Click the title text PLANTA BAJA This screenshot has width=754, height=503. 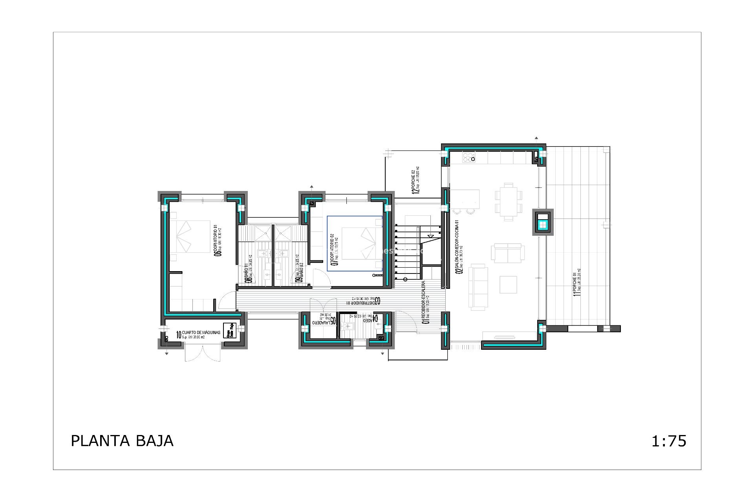coord(122,441)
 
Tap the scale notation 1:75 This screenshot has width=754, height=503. coord(669,441)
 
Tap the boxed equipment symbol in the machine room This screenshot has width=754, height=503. coord(229,330)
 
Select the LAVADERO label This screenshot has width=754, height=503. coord(324,320)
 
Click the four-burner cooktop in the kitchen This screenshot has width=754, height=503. coord(469,157)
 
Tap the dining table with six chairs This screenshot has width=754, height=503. coord(509,202)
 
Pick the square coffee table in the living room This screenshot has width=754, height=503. coord(508,285)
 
